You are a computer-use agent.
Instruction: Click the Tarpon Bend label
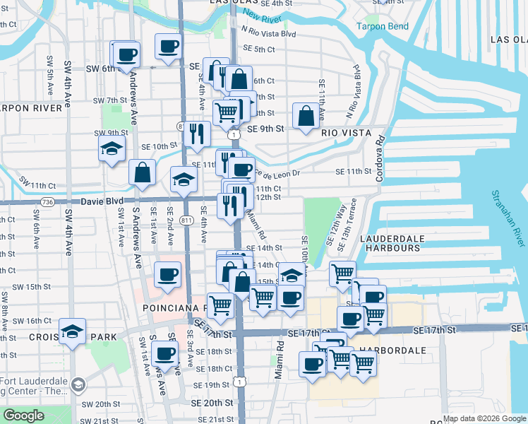tap(382, 26)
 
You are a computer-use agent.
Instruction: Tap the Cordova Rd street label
tap(380, 158)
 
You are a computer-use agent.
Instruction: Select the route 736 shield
tap(47, 201)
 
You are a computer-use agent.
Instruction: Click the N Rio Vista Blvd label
tap(268, 32)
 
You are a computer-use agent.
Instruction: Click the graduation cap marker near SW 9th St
tap(112, 149)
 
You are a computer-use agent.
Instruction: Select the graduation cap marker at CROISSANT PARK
tap(73, 331)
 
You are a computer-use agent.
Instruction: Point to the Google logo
tap(23, 416)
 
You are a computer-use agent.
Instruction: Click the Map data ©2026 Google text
tap(485, 418)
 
